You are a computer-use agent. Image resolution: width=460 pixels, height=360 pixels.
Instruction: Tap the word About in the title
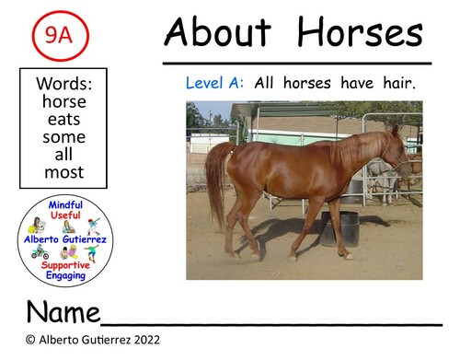coord(217,34)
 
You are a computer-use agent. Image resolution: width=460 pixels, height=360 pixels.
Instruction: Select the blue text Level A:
coord(214,83)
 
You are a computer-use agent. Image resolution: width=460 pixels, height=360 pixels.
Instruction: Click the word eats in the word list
coord(63,119)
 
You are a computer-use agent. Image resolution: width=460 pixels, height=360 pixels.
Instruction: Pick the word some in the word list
coord(63,136)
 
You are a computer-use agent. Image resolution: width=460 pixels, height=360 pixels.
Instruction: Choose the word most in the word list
coord(63,171)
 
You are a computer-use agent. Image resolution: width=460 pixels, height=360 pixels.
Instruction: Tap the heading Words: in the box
coord(63,84)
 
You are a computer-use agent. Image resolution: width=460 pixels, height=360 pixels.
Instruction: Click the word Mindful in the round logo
coord(64,205)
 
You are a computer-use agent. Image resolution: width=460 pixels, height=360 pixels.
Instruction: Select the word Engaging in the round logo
coord(64,275)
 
